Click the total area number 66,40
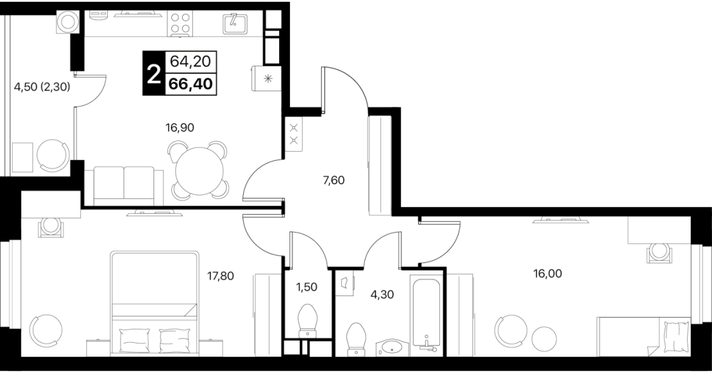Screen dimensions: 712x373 pos(191,84)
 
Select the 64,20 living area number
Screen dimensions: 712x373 pos(190,61)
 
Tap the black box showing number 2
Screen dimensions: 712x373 pos(154,73)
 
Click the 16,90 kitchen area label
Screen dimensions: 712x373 pos(180,128)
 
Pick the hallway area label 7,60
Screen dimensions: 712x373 pos(334,181)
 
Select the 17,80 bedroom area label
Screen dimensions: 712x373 pos(221,276)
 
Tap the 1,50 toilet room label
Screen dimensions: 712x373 pos(306,287)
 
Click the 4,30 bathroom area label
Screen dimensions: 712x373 pos(382,295)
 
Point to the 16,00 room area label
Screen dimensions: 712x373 pos(548,274)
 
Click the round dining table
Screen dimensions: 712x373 pos(199,171)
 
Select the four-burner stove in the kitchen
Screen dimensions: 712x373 pos(180,23)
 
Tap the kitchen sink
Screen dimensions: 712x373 pos(235,24)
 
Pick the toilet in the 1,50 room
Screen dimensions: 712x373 pos(308,321)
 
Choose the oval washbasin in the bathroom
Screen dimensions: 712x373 pos(392,346)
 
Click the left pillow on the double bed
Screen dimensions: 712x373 pos(134,340)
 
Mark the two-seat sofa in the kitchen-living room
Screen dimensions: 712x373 pos(124,186)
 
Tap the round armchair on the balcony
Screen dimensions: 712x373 pos(53,156)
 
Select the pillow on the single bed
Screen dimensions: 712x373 pos(677,336)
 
